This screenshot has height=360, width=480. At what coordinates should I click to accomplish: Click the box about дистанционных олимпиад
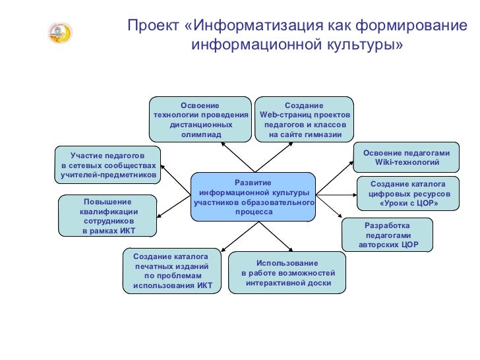click(x=200, y=119)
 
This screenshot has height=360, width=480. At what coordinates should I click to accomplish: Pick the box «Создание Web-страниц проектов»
click(x=304, y=119)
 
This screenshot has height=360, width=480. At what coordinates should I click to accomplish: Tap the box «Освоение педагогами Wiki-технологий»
click(x=406, y=158)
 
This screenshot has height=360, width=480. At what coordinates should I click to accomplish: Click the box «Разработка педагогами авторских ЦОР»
click(x=388, y=235)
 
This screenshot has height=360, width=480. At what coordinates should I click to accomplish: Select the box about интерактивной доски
click(x=287, y=272)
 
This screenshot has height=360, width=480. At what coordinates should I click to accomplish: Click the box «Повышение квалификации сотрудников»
click(x=108, y=216)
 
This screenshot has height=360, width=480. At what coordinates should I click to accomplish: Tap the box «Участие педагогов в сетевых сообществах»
click(x=109, y=165)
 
